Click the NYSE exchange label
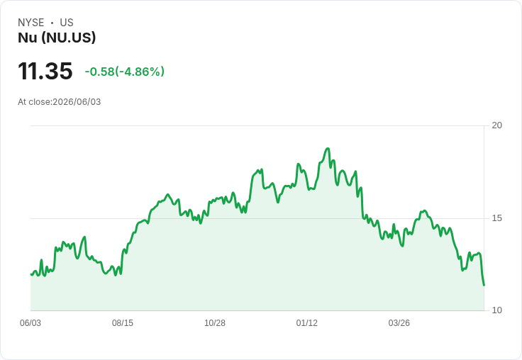coord(31,23)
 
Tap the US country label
coord(67,23)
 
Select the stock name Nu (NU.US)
coord(57,38)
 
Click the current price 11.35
coord(45,71)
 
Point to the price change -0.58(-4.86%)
coord(125,72)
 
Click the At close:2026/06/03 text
coord(60,102)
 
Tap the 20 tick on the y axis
coord(497,125)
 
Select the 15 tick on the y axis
coord(497,218)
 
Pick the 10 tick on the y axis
coord(497,310)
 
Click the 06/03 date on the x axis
coord(30,323)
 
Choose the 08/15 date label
coord(123,323)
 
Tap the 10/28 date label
coord(215,323)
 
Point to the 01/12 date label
coord(307,323)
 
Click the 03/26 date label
coord(399,323)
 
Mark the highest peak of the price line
coord(328,148)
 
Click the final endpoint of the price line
coord(484,285)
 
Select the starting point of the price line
coord(31,274)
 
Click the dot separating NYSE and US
coord(52,23)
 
